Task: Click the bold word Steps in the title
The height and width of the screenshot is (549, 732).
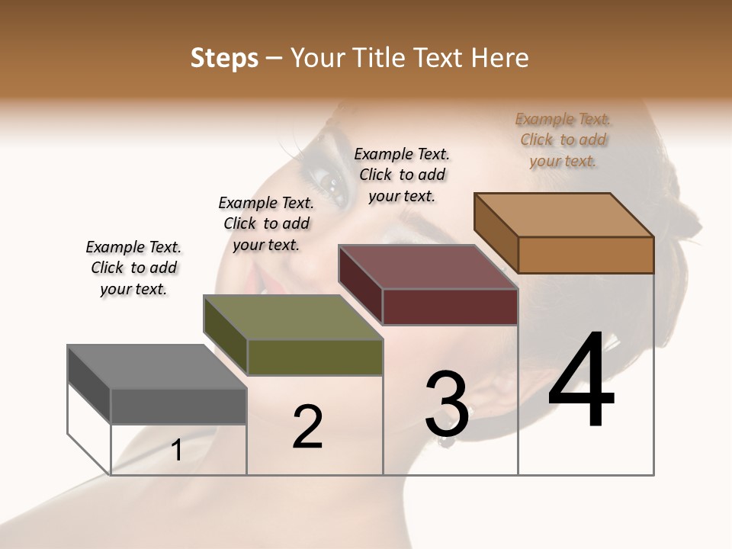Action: coord(224,58)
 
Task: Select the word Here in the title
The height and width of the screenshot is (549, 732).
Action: coord(501,58)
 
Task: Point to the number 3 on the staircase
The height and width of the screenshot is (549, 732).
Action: coord(446,404)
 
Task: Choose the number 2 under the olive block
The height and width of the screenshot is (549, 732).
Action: coord(307,427)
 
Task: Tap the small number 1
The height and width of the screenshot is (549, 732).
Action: coord(177,451)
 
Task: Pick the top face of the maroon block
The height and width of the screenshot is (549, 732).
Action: coord(428,267)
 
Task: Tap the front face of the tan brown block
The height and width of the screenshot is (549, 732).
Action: coord(586,255)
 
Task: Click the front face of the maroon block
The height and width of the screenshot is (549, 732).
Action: coord(450,307)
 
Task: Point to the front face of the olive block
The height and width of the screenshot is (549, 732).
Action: coord(314,357)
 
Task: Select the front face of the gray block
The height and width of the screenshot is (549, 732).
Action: coord(178,406)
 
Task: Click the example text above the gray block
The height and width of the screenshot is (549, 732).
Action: coord(133,268)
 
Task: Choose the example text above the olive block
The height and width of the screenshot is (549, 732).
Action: coord(266,223)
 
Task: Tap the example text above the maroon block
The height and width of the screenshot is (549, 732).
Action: coord(402,175)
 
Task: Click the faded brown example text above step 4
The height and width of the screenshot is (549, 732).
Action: coord(563,140)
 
